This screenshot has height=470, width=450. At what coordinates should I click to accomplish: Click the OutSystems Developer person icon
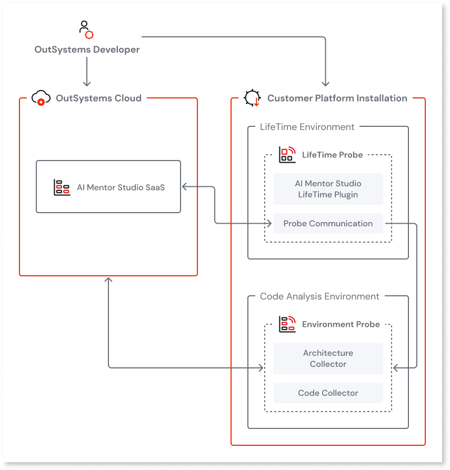pyautogui.click(x=86, y=29)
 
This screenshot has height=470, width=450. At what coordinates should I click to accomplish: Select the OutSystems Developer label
pyautogui.click(x=87, y=49)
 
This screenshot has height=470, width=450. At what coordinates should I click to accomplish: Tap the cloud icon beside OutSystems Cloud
pyautogui.click(x=41, y=98)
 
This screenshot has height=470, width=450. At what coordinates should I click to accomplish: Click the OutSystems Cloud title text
pyautogui.click(x=98, y=98)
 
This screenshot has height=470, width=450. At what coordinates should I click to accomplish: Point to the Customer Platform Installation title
pyautogui.click(x=337, y=98)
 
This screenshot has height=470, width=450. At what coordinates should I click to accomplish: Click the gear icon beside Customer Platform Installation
pyautogui.click(x=252, y=98)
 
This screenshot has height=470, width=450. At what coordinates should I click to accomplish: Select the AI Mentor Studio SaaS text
pyautogui.click(x=121, y=187)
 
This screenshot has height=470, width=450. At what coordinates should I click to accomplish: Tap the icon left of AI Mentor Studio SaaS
pyautogui.click(x=62, y=187)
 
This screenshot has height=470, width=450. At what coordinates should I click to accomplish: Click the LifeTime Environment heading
pyautogui.click(x=307, y=127)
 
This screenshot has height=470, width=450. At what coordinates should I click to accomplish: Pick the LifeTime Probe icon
pyautogui.click(x=287, y=155)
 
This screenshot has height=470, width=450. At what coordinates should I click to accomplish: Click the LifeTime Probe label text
pyautogui.click(x=333, y=155)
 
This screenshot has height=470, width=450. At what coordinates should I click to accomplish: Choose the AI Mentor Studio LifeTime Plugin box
pyautogui.click(x=328, y=189)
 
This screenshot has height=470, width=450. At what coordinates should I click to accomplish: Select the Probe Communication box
pyautogui.click(x=328, y=223)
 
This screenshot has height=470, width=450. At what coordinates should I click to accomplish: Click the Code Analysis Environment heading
pyautogui.click(x=319, y=296)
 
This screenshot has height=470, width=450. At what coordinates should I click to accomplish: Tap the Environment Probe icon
pyautogui.click(x=287, y=324)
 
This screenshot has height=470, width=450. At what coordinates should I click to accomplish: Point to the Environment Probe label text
pyautogui.click(x=341, y=324)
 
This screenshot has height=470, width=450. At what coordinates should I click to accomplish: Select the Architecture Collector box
pyautogui.click(x=328, y=358)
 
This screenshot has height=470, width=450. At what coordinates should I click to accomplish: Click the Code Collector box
pyautogui.click(x=328, y=393)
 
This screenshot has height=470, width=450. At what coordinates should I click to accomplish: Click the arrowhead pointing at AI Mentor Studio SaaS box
pyautogui.click(x=184, y=187)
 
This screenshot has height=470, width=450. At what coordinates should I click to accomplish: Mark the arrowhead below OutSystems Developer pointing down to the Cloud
pyautogui.click(x=87, y=83)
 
